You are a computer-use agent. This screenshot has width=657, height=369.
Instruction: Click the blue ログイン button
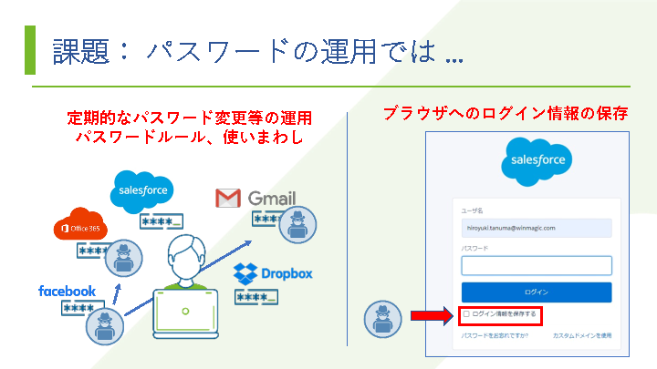pyautogui.click(x=536, y=292)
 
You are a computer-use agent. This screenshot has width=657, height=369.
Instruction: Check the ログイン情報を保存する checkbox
pyautogui.click(x=467, y=314)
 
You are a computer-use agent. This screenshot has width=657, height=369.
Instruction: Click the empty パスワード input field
pyautogui.click(x=536, y=265)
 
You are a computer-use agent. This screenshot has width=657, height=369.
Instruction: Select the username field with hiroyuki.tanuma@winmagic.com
pyautogui.click(x=536, y=227)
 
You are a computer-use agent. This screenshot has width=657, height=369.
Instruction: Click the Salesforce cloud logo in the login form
pyautogui.click(x=536, y=160)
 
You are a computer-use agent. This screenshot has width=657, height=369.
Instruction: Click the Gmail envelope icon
pyautogui.click(x=227, y=198)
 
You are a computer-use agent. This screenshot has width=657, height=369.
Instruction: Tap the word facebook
pyautogui.click(x=67, y=291)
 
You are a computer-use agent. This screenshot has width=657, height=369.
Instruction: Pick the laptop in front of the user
pyautogui.click(x=190, y=309)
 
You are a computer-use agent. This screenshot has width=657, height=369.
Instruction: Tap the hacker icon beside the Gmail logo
pyautogui.click(x=297, y=224)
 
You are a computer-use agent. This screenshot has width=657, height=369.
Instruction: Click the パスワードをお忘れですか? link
pyautogui.click(x=495, y=336)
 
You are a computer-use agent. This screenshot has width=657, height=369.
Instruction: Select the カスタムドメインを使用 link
pyautogui.click(x=581, y=336)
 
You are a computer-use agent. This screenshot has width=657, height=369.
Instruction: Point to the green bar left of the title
pyautogui.click(x=30, y=49)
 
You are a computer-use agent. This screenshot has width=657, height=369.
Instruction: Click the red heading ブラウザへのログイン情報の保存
pyautogui.click(x=506, y=114)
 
